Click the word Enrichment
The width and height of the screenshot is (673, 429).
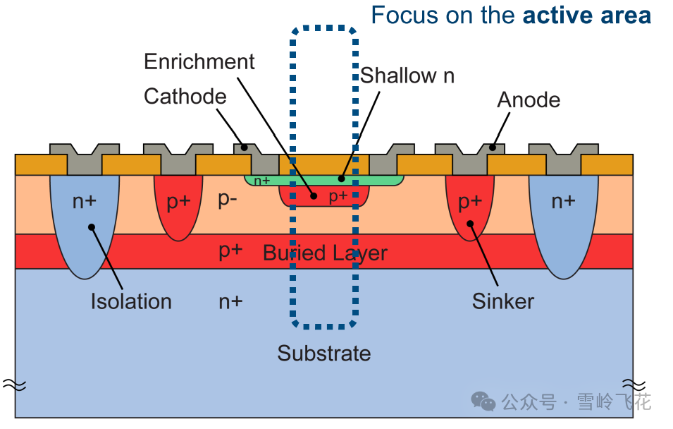pyautogui.click(x=199, y=62)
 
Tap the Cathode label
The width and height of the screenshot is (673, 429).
pyautogui.click(x=185, y=97)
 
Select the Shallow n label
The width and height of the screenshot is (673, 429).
pyautogui.click(x=407, y=75)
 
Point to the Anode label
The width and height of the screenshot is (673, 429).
pyautogui.click(x=529, y=99)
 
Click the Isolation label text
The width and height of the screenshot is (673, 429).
pyautogui.click(x=131, y=301)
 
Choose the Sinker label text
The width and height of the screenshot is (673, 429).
pyautogui.click(x=502, y=301)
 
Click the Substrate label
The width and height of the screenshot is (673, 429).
pyautogui.click(x=323, y=353)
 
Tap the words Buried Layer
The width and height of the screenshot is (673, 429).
pyautogui.click(x=325, y=253)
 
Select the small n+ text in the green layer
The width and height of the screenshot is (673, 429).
pyautogui.click(x=262, y=181)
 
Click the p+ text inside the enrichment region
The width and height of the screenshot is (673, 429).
pyautogui.click(x=339, y=196)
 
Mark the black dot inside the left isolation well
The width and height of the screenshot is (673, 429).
pyautogui.click(x=92, y=226)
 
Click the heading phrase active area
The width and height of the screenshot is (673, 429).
pyautogui.click(x=586, y=16)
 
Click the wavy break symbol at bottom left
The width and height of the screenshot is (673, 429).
pyautogui.click(x=14, y=384)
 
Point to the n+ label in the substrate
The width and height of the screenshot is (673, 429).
pyautogui.click(x=230, y=301)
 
